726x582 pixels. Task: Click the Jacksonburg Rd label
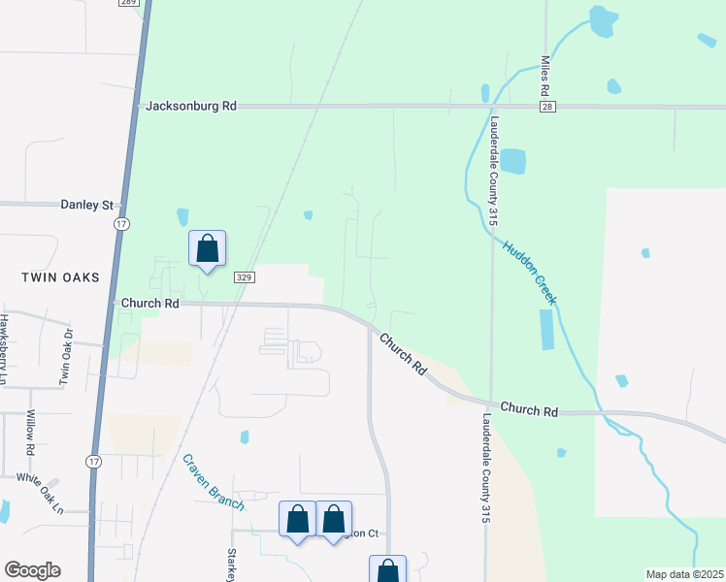tap(191, 106)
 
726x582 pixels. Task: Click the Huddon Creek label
tap(530, 273)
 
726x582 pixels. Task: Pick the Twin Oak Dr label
tap(66, 357)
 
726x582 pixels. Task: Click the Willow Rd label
tap(30, 433)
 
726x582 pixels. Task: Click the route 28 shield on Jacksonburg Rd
tap(547, 107)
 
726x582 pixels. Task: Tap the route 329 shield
tap(244, 277)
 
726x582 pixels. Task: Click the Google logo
tap(32, 570)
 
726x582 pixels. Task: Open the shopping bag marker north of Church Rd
tap(207, 249)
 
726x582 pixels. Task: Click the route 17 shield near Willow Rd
tap(92, 461)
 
